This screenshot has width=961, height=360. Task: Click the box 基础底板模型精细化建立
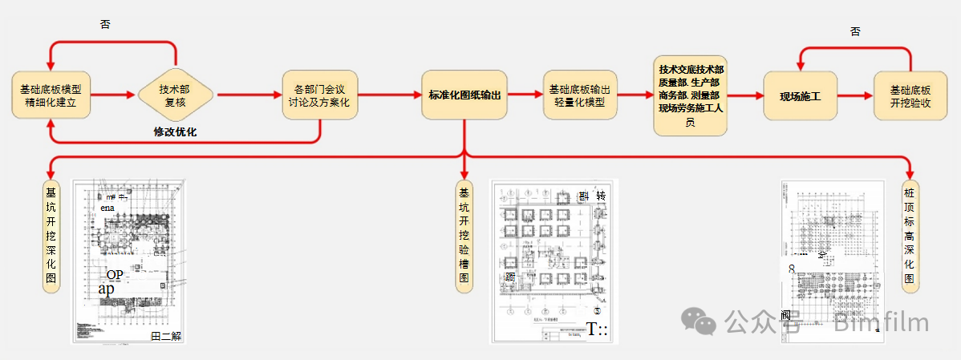[x=51, y=95]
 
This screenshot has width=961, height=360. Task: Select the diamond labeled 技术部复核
[x=176, y=95]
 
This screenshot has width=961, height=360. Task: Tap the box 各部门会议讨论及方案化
[x=319, y=95]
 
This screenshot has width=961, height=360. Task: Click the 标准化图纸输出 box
[x=464, y=95]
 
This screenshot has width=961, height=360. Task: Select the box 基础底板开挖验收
[x=910, y=95]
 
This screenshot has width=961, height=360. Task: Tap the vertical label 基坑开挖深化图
[x=51, y=236]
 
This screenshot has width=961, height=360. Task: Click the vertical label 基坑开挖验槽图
[x=464, y=236]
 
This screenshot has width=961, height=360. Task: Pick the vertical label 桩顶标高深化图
[x=909, y=236]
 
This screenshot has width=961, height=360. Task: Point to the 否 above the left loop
[x=105, y=25]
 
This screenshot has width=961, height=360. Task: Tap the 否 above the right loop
[x=855, y=31]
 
